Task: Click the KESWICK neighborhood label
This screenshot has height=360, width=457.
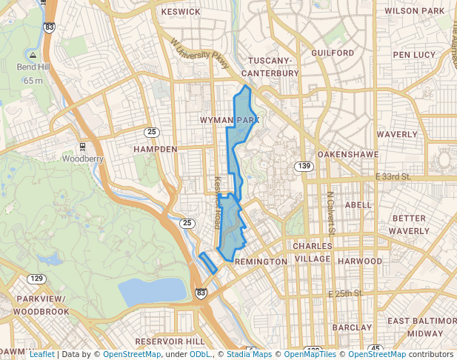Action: (x=181, y=12)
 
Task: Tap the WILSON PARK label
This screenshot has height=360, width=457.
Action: (x=414, y=11)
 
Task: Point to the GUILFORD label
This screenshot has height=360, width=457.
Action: (x=333, y=53)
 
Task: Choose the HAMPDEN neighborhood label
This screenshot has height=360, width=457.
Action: (x=155, y=149)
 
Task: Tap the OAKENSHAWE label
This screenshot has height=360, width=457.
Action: (x=347, y=154)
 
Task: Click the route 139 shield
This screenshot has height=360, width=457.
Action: (x=303, y=166)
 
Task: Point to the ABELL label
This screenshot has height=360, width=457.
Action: (x=358, y=205)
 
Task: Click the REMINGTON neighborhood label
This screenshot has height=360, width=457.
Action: (x=260, y=262)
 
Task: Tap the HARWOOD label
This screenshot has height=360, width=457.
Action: (x=359, y=261)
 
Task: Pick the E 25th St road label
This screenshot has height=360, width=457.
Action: (x=345, y=294)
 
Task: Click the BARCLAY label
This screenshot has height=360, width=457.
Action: (x=352, y=327)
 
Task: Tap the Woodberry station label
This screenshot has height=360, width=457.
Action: (x=82, y=159)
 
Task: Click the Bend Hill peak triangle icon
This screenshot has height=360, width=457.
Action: (x=33, y=55)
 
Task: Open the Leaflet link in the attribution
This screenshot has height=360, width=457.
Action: (x=41, y=354)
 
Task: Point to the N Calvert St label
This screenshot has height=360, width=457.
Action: (x=331, y=215)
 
